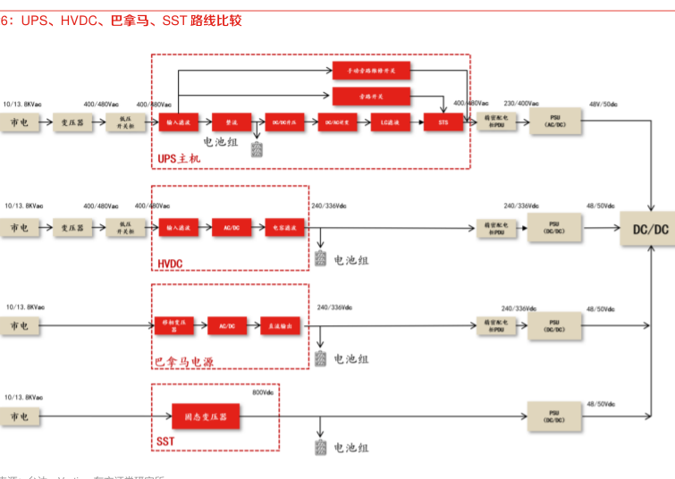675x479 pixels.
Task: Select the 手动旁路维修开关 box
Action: pos(371,70)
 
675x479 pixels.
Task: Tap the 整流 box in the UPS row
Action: pos(232,122)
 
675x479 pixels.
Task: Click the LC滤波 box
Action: pos(391,122)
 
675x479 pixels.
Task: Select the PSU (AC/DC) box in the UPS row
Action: pos(555,122)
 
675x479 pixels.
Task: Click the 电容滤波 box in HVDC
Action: pos(285,229)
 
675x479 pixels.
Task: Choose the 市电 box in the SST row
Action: pos(20,416)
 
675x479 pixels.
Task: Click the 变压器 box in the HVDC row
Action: pos(72,229)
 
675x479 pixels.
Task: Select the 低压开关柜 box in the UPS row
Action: pos(125,122)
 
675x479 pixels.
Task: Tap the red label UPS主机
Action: pos(180,159)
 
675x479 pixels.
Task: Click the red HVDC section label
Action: pos(170,264)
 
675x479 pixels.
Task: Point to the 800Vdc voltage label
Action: pos(263,391)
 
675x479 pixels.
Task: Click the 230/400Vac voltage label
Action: pos(521,104)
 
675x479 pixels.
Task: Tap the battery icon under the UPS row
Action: pos(257,148)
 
